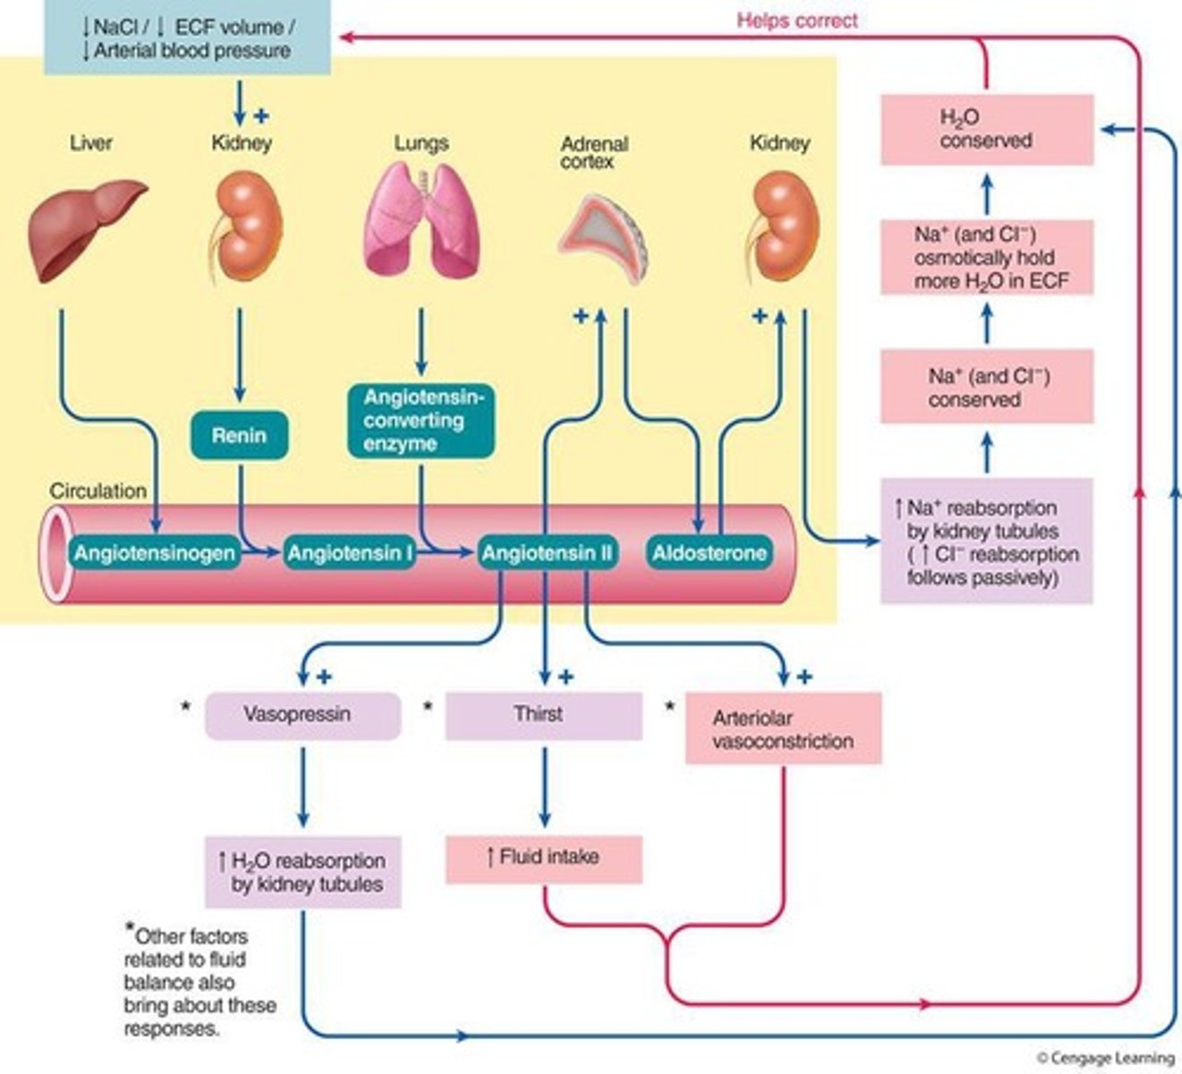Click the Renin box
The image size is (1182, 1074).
coord(239,436)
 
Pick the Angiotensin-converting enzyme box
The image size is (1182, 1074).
coord(420,421)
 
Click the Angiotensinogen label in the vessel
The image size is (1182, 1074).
coord(154,553)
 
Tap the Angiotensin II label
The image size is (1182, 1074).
coord(546,553)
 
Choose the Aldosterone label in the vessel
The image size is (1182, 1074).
coord(709,553)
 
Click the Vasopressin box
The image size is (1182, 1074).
coord(302,715)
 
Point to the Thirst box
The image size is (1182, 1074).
coord(543,715)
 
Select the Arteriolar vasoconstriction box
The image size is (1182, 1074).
coord(783,729)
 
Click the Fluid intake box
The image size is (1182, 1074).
coord(543,858)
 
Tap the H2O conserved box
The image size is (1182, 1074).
coord(986,130)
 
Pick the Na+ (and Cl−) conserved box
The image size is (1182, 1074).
coord(986,388)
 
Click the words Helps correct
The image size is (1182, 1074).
coord(796,20)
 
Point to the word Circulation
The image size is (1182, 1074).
coord(98,491)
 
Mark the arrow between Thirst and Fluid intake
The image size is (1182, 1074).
coord(544,788)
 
